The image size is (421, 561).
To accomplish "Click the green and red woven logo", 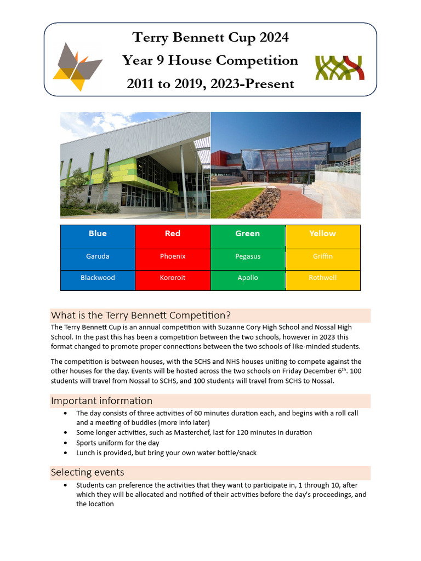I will tap(340, 67).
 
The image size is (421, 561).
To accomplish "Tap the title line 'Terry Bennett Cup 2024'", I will tap(210, 37).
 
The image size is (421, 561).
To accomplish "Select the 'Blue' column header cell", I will tap(98, 234).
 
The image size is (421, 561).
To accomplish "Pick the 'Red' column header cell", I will tap(173, 234).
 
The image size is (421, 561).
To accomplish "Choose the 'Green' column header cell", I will tap(248, 234).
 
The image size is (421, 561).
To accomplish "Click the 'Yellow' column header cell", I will tap(323, 234).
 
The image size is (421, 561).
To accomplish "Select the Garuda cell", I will tap(98, 256).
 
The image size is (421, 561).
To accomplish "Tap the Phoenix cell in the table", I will tap(173, 256).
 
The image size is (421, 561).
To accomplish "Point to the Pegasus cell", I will tap(248, 256).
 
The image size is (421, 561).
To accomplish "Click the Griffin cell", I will tap(323, 256).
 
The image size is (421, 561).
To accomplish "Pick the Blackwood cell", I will tap(98, 278).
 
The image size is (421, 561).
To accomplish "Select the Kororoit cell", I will tap(173, 278).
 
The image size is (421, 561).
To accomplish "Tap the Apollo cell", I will tap(248, 278).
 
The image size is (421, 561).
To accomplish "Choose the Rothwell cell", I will tap(323, 278).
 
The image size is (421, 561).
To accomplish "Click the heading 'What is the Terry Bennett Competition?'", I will tap(141, 316).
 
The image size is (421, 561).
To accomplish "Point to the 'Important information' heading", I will tap(101, 401).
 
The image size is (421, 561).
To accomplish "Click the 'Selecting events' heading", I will tap(88, 472).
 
